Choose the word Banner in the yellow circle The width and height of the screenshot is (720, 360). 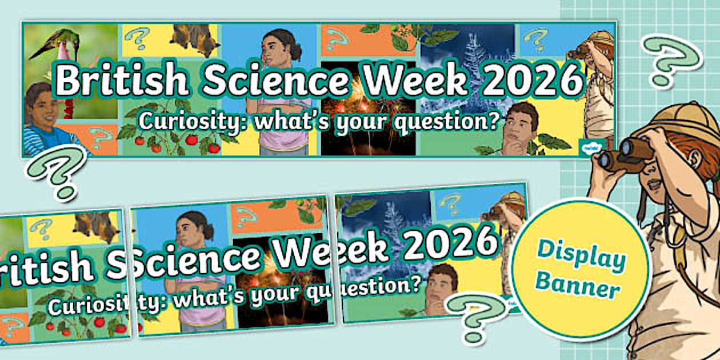click(581, 287)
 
